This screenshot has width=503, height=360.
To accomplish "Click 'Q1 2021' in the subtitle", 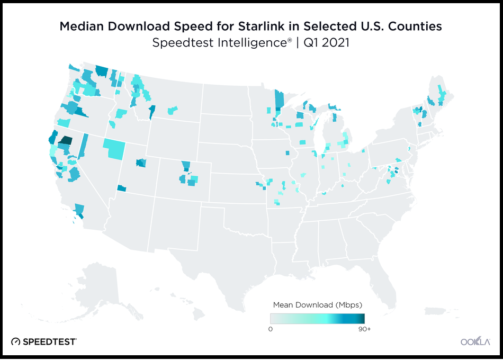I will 330,43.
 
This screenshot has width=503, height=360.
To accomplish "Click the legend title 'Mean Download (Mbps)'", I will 317,305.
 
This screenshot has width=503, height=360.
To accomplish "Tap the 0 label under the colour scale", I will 270,329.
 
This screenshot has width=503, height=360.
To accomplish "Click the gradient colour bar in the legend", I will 317,318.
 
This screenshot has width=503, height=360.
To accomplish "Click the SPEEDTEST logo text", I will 50,341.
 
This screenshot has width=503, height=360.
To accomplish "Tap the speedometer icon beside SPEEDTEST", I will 16,341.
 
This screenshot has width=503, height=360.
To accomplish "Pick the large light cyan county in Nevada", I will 115,148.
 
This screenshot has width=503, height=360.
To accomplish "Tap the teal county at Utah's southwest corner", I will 122,188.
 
